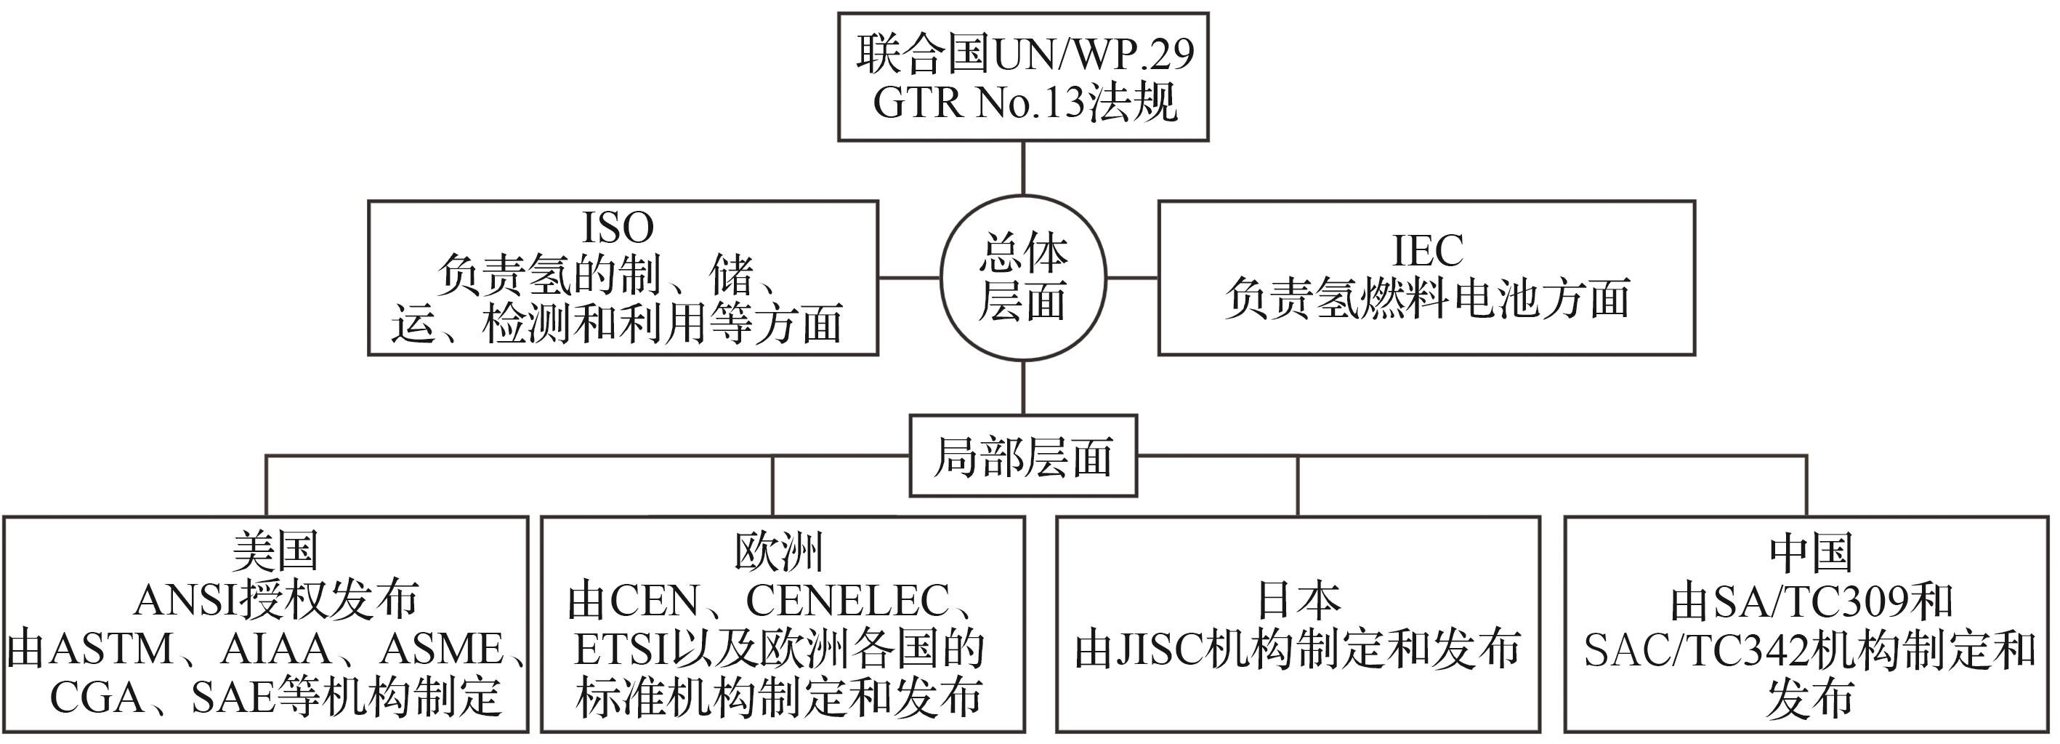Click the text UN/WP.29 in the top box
tap(1093, 55)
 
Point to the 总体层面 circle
tap(1023, 278)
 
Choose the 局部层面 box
tap(1023, 457)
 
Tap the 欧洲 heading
tap(779, 551)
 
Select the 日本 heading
tap(1298, 600)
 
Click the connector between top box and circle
tap(1023, 168)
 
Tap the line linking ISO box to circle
tap(908, 279)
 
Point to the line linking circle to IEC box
tap(1131, 279)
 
